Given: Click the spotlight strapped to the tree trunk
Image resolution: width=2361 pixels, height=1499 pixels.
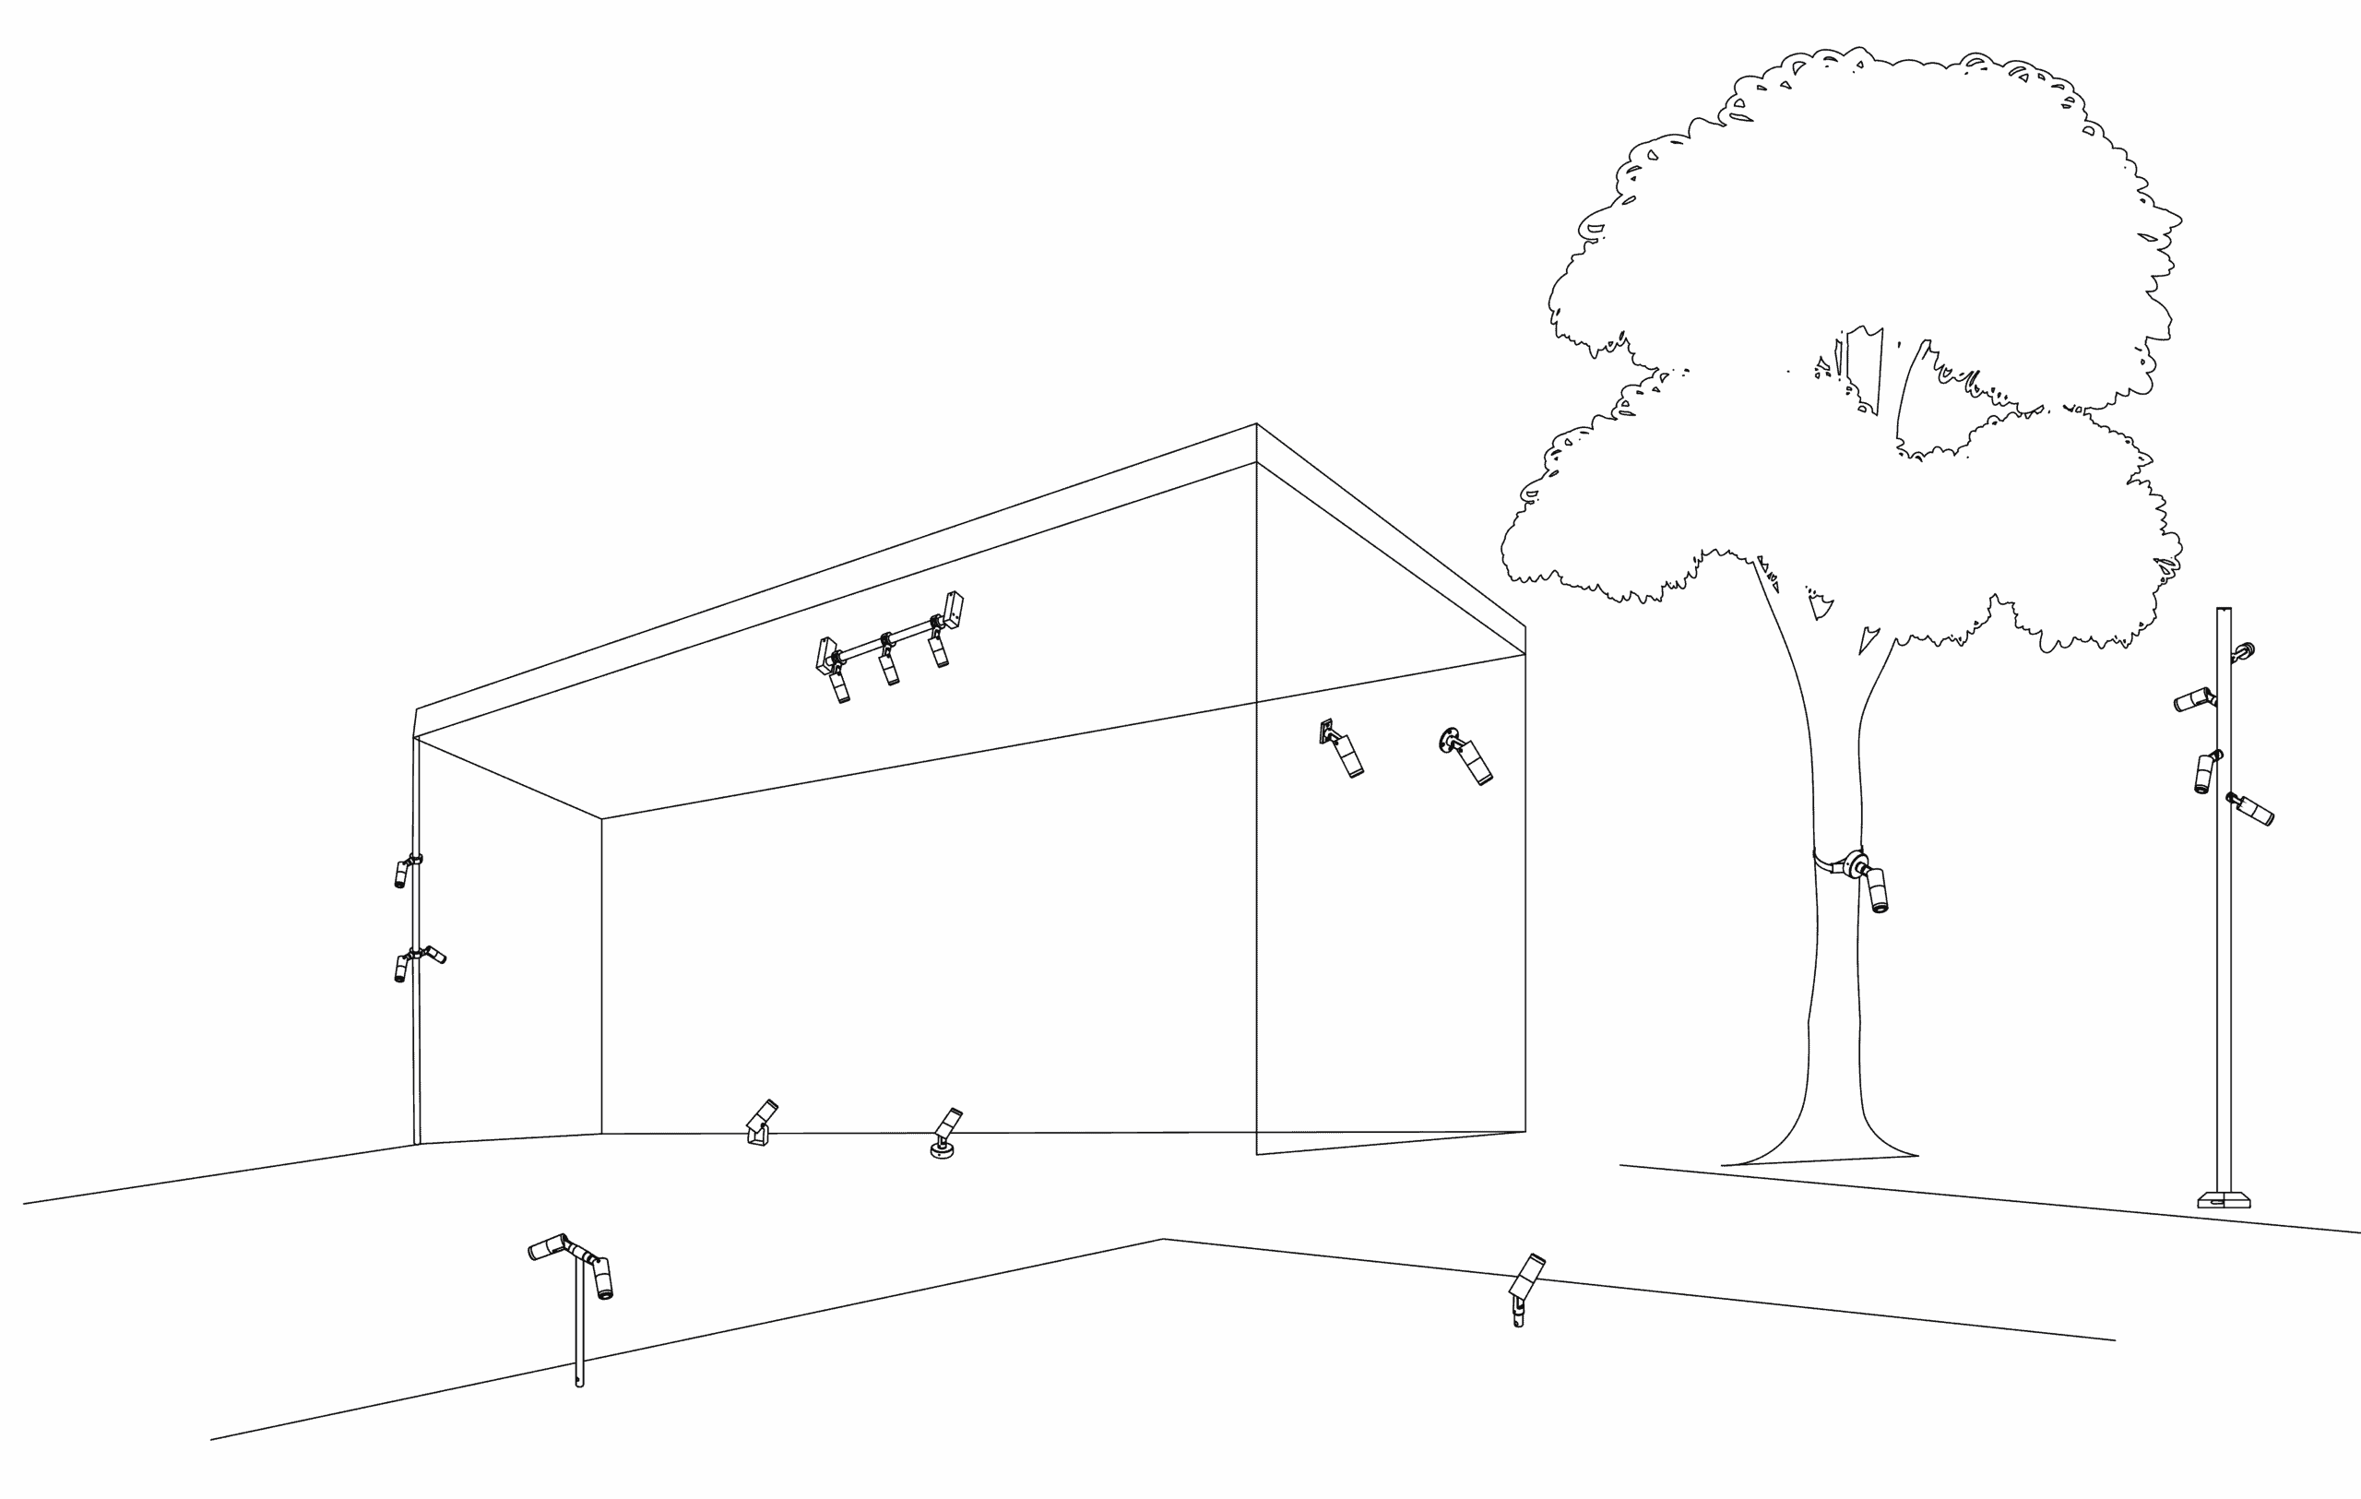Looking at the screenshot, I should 1876,887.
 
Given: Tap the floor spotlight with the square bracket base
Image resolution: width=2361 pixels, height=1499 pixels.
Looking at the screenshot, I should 760,1123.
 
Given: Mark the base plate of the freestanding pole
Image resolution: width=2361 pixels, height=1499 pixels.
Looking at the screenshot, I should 2223,1198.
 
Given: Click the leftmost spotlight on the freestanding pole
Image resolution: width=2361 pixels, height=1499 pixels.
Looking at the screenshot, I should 2194,699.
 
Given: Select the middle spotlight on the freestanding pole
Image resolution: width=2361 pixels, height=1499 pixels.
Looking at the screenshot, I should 2205,772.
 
